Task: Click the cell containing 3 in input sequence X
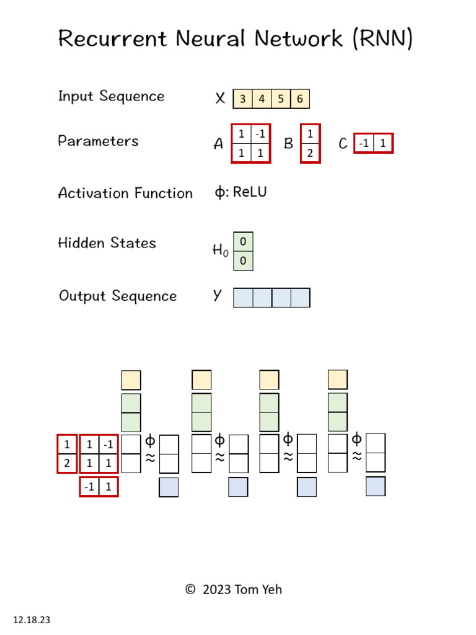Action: tap(242, 99)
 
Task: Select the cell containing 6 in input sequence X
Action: tap(300, 99)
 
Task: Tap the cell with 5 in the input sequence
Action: tap(281, 99)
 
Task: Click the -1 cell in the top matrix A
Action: tap(260, 134)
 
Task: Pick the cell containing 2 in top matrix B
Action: tap(310, 153)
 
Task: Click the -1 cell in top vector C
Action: tap(364, 144)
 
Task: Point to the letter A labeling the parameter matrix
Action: tap(218, 144)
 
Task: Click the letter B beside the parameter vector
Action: tap(288, 144)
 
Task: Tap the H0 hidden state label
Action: tap(220, 251)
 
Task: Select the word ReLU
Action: tap(250, 192)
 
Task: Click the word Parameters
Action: tap(98, 141)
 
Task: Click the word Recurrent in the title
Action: tap(112, 39)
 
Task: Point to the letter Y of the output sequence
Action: tap(217, 296)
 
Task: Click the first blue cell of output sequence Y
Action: tap(243, 298)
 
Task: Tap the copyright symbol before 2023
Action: tap(190, 590)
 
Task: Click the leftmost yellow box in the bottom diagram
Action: tap(131, 380)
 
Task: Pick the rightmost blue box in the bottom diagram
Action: tap(376, 487)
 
